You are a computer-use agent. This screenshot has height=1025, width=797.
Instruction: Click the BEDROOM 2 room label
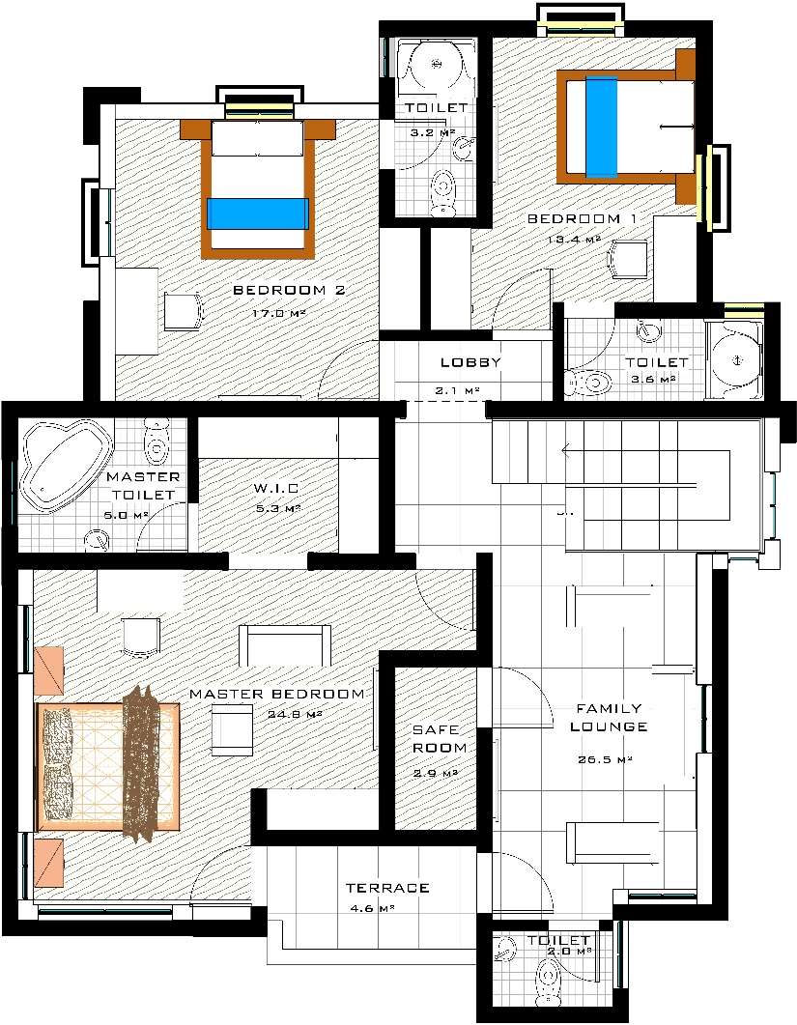pos(289,290)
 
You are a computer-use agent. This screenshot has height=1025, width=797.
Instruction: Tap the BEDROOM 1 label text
pos(581,219)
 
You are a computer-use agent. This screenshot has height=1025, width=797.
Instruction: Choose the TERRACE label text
pos(386,888)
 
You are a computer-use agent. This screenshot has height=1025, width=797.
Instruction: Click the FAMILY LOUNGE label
pos(609,718)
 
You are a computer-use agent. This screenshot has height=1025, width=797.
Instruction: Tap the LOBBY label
pos(470,363)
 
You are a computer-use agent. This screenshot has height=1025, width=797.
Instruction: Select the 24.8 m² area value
pos(294,715)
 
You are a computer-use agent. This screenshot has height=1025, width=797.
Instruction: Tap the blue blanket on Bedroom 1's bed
pos(601,127)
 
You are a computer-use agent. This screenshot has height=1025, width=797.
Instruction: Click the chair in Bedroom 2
pos(183,311)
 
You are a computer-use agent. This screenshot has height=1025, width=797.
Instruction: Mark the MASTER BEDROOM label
pos(277,694)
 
